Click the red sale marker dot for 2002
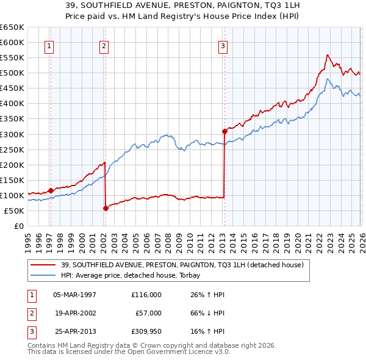pos(106,208)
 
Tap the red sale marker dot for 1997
pos(51,190)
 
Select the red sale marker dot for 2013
pos(224,131)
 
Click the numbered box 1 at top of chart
pos(48,45)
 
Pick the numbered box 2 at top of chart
pos(104,45)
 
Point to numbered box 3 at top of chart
pos(223,45)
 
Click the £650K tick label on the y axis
pos(12,27)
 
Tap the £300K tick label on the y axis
pos(12,134)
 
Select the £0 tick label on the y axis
pos(18,226)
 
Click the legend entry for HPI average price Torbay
pos(134,275)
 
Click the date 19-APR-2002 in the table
pos(75,313)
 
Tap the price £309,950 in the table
pos(146,332)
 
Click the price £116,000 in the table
pos(146,294)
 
